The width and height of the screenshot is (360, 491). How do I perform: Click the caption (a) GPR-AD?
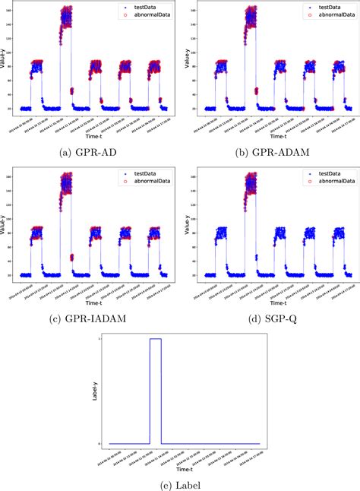point(90,152)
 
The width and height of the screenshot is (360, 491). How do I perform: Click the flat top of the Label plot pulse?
point(155,339)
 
